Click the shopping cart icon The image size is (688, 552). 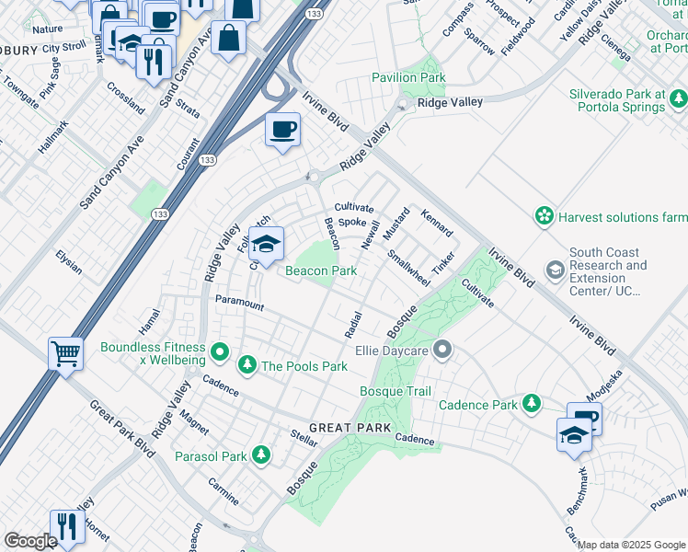66,353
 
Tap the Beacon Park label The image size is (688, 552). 320,270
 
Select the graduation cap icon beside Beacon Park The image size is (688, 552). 266,245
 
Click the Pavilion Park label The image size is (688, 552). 408,78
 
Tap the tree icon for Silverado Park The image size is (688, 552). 679,98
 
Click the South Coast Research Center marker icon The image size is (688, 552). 556,270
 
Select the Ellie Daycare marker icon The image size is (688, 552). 443,350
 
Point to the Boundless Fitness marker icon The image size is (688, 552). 220,351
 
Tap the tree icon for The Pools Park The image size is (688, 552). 247,366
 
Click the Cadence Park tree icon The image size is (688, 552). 531,404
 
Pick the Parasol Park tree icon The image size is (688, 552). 261,455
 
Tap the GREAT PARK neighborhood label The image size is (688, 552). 350,429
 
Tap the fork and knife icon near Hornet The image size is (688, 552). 66,527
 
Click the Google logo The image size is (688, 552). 30,540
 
